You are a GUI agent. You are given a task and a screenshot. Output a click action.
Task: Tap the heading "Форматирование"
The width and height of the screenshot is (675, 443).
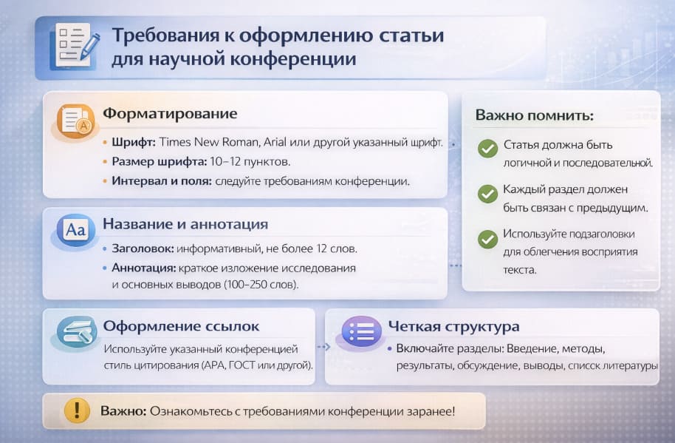(170, 114)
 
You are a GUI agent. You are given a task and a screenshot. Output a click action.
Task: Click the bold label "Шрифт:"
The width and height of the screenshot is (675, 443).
(134, 142)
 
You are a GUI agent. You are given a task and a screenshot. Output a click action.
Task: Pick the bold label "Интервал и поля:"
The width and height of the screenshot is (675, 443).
(162, 180)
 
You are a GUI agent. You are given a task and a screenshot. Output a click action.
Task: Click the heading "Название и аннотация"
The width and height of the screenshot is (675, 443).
(185, 224)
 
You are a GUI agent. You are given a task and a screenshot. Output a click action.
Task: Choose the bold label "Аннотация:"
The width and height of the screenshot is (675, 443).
(142, 267)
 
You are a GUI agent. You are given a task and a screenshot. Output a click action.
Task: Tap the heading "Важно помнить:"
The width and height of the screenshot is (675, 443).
(534, 115)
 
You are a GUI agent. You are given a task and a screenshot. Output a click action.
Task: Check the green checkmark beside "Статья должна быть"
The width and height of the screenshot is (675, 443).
(487, 149)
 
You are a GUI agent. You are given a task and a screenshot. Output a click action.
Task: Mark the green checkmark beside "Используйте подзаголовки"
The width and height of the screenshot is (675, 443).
(487, 239)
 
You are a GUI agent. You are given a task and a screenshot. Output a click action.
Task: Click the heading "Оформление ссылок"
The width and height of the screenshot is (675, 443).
(181, 326)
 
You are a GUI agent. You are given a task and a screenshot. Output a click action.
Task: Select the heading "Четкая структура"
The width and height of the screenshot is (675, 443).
(454, 326)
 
